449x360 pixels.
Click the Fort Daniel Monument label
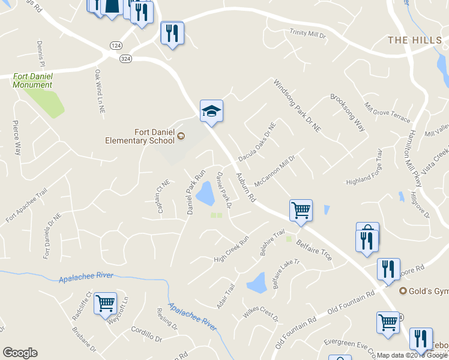32,80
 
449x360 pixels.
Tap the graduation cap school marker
211,110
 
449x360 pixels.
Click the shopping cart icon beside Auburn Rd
301,211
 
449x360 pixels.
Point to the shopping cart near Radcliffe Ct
105,304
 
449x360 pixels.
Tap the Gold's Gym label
428,291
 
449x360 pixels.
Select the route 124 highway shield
116,46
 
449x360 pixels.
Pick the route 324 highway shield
125,58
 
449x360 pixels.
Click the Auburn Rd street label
246,182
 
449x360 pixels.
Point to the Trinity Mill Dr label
307,34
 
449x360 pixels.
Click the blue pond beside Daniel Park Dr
206,193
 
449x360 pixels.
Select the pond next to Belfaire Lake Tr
257,282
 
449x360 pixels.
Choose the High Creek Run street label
231,252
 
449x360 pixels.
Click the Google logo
20,353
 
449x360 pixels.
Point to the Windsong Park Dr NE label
298,105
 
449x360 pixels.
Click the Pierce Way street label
17,138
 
